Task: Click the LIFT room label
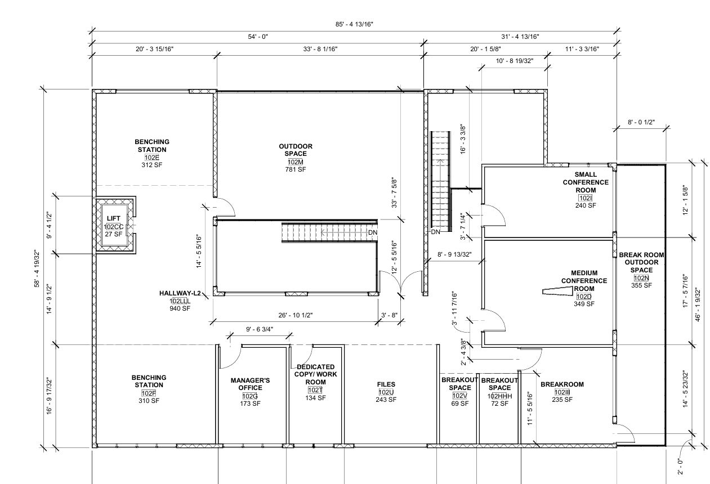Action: click(114, 218)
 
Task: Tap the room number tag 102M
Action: click(296, 162)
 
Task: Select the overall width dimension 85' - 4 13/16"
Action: click(354, 24)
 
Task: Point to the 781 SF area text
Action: click(296, 169)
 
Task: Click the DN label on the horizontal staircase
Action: click(373, 232)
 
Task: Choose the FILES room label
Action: click(386, 384)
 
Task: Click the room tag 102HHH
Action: click(499, 396)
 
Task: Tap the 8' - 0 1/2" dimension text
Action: click(641, 122)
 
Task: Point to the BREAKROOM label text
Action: click(562, 384)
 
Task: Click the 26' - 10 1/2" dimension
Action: click(296, 315)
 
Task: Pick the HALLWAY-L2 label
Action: click(180, 293)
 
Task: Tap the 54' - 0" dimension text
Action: click(258, 37)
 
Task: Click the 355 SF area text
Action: click(641, 285)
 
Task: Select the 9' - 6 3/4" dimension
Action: click(260, 329)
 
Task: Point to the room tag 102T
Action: click(315, 390)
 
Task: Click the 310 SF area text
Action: click(149, 401)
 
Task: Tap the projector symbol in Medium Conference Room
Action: click(558, 292)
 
